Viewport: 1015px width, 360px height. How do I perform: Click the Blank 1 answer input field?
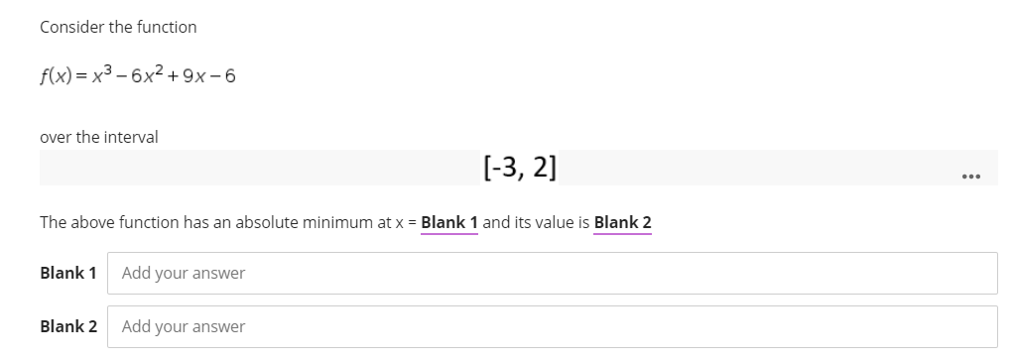click(556, 273)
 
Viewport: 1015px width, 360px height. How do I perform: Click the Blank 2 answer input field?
click(556, 326)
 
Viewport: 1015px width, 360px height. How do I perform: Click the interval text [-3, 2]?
click(519, 167)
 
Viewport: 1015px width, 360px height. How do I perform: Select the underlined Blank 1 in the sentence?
click(449, 222)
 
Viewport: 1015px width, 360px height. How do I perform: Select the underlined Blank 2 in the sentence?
click(622, 222)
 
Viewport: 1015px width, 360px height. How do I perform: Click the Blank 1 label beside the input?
click(68, 273)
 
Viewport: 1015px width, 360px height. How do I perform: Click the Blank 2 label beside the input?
click(68, 326)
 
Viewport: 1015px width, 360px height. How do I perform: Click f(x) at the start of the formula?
click(55, 76)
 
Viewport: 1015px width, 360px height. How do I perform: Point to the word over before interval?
click(55, 137)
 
